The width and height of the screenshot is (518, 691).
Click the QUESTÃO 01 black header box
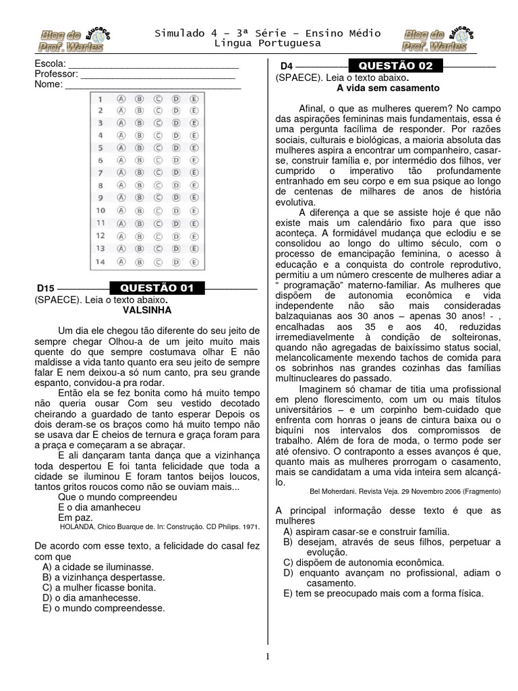tap(156, 288)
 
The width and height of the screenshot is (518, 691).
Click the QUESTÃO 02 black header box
tap(396, 65)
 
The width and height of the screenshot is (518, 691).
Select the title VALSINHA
tap(147, 310)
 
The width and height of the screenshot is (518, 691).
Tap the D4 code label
tap(287, 66)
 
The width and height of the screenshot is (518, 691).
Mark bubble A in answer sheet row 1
tap(121, 98)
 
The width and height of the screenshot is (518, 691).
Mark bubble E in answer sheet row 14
tap(194, 261)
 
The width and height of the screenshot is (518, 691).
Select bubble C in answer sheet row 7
tap(158, 173)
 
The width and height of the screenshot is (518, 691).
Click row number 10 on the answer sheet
tap(100, 211)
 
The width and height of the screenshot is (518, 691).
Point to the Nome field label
tap(48, 84)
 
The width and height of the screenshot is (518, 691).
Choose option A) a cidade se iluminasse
tap(98, 567)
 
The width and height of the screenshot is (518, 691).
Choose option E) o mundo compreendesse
tap(103, 607)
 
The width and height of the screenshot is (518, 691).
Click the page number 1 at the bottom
tap(268, 657)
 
